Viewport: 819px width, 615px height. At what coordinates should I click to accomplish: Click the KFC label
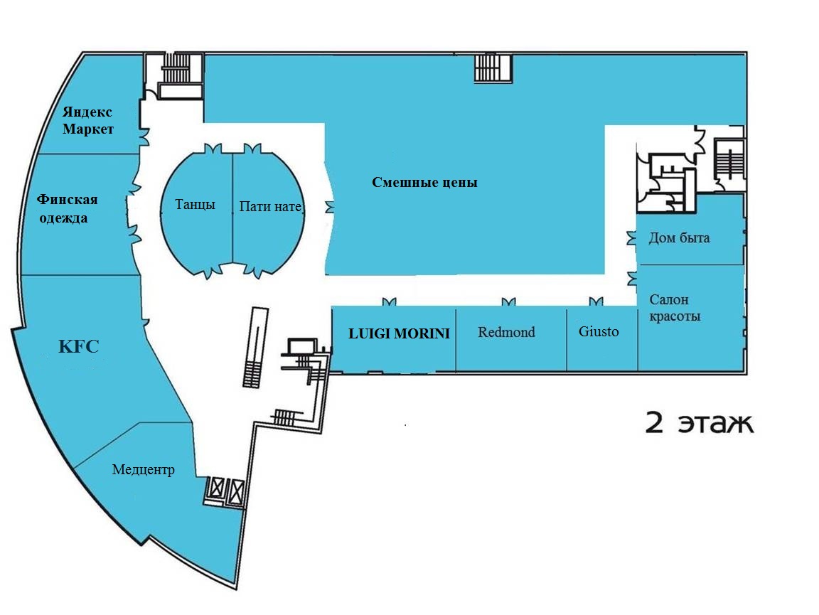pyautogui.click(x=78, y=346)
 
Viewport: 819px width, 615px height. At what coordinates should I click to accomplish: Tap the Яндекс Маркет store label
pyautogui.click(x=87, y=121)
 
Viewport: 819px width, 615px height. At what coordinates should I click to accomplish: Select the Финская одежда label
pyautogui.click(x=66, y=208)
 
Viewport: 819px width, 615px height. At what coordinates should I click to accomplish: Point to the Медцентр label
pyautogui.click(x=143, y=470)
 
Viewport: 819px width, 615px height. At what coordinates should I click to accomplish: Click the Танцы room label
pyautogui.click(x=196, y=204)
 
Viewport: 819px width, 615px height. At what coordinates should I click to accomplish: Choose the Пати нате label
pyautogui.click(x=270, y=206)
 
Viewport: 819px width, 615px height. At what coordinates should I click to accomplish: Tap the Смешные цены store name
pyautogui.click(x=424, y=182)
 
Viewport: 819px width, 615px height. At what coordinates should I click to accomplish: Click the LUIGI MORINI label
pyautogui.click(x=399, y=333)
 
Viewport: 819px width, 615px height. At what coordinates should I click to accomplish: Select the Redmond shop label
pyautogui.click(x=506, y=332)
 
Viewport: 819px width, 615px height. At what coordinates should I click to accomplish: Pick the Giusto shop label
pyautogui.click(x=599, y=331)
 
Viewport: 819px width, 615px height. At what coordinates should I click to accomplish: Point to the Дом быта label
pyautogui.click(x=679, y=238)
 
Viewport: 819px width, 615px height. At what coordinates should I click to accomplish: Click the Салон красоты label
pyautogui.click(x=675, y=308)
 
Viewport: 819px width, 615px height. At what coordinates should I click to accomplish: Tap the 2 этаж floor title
pyautogui.click(x=700, y=422)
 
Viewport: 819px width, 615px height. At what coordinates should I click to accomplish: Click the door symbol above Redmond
pyautogui.click(x=508, y=302)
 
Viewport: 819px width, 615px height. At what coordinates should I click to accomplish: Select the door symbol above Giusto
pyautogui.click(x=596, y=301)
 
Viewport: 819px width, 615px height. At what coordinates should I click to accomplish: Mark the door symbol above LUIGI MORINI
pyautogui.click(x=389, y=302)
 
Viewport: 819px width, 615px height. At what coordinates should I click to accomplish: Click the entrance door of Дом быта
pyautogui.click(x=631, y=238)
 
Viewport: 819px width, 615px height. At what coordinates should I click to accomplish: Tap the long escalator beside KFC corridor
pyautogui.click(x=255, y=348)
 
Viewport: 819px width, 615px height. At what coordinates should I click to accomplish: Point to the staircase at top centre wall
pyautogui.click(x=493, y=68)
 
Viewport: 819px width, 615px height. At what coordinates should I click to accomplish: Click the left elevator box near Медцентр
pyautogui.click(x=216, y=489)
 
